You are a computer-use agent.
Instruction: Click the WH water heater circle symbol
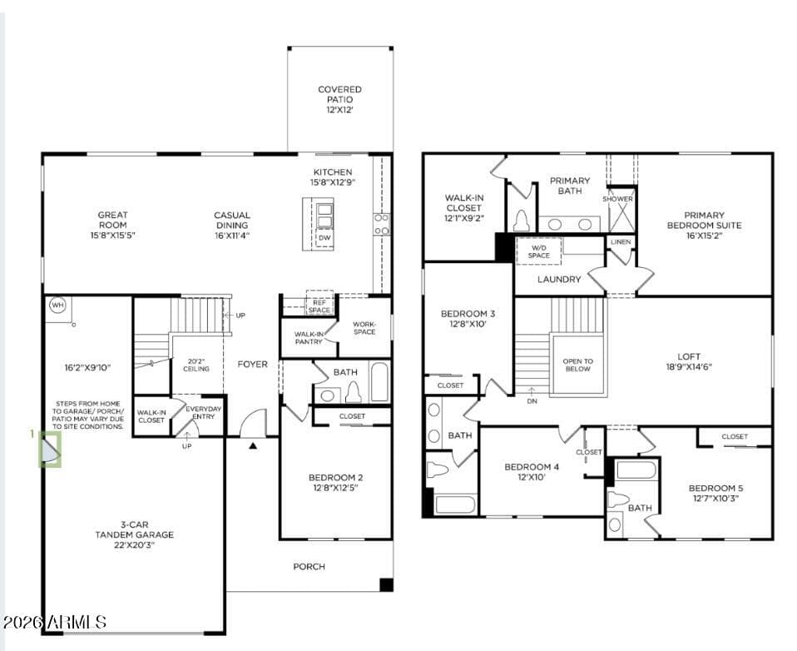(57, 306)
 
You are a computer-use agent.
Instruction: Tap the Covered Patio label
(339, 100)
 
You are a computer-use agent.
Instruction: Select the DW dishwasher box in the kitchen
(324, 237)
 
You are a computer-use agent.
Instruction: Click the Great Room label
(113, 225)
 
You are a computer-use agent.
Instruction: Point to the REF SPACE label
(319, 306)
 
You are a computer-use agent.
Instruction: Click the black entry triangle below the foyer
(253, 446)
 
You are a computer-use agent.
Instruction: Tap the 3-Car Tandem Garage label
(135, 534)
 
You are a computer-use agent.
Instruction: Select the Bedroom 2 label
(335, 483)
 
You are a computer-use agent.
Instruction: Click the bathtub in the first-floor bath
(379, 381)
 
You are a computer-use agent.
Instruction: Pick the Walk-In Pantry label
(309, 338)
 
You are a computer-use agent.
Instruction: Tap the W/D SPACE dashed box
(539, 251)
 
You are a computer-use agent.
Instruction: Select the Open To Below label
(578, 365)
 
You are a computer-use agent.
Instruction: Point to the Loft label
(689, 361)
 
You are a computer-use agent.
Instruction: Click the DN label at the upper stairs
(532, 401)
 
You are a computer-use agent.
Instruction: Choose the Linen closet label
(621, 242)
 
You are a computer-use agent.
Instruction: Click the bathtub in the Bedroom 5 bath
(636, 470)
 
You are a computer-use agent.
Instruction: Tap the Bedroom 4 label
(532, 472)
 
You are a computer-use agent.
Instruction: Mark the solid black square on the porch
(386, 585)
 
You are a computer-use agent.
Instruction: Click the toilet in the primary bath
(522, 221)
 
